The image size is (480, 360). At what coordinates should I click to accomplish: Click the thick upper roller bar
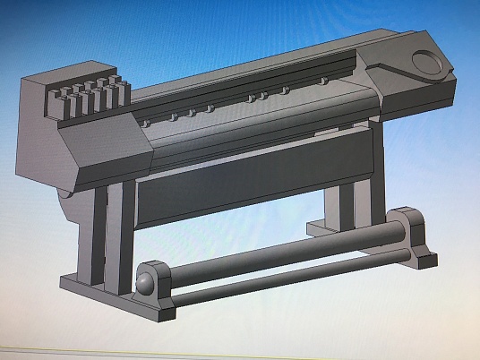click(x=269, y=259)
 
